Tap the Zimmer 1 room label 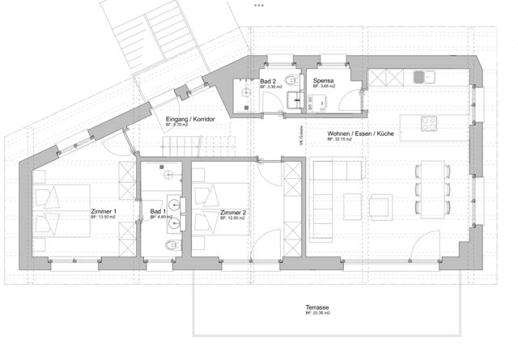click(x=104, y=212)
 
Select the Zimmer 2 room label click(x=234, y=212)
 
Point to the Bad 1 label click(x=159, y=212)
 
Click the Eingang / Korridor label click(x=190, y=120)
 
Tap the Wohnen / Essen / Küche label click(x=360, y=134)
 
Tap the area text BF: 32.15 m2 click(x=343, y=140)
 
